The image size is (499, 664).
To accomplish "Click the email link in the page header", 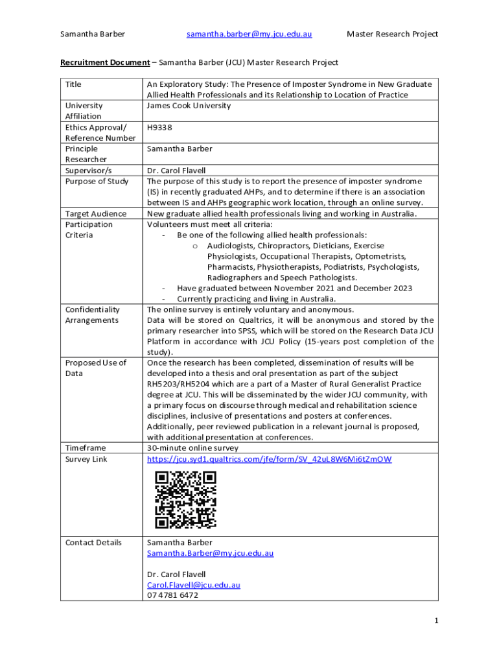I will pyautogui.click(x=250, y=34).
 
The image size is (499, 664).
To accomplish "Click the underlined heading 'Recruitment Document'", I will pyautogui.click(x=105, y=62).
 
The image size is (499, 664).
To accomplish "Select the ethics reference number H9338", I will pyautogui.click(x=159, y=127).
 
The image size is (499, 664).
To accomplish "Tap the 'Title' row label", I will pyautogui.click(x=73, y=84).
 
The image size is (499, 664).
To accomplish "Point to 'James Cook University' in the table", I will pyautogui.click(x=189, y=106).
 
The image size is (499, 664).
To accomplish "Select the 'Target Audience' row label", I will pyautogui.click(x=94, y=213).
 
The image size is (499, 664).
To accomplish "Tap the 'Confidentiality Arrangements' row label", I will pyautogui.click(x=92, y=314).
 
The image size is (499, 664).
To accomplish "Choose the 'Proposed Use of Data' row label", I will pyautogui.click(x=95, y=368).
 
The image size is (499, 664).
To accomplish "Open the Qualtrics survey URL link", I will pyautogui.click(x=269, y=459).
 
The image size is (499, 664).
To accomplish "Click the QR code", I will pyautogui.click(x=185, y=500).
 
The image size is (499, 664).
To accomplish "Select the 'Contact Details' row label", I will pyautogui.click(x=93, y=542).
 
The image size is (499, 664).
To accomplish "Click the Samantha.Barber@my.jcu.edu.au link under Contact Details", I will pyautogui.click(x=210, y=553).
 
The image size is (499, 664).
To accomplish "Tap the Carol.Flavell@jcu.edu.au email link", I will pyautogui.click(x=193, y=585).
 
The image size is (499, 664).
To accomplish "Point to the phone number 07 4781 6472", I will pyautogui.click(x=172, y=595).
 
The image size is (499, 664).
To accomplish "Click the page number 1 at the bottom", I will pyautogui.click(x=436, y=621).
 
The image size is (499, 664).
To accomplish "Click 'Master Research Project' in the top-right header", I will pyautogui.click(x=392, y=34).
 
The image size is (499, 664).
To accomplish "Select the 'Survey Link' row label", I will pyautogui.click(x=86, y=459).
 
